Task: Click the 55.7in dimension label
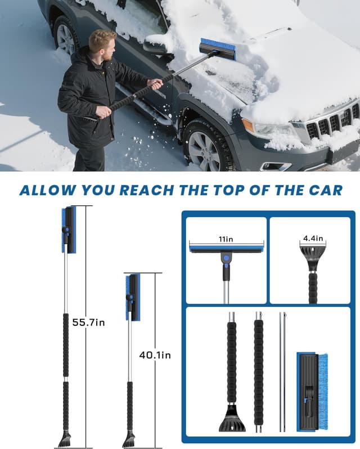pyautogui.click(x=89, y=322)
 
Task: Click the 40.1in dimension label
pyautogui.click(x=155, y=355)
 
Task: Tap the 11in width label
pyautogui.click(x=226, y=238)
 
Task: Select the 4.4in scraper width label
pyautogui.click(x=312, y=238)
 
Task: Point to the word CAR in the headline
pyautogui.click(x=322, y=190)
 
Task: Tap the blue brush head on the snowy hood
pyautogui.click(x=218, y=48)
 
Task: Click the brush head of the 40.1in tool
pyautogui.click(x=133, y=296)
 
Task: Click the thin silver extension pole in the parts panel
pyautogui.click(x=282, y=371)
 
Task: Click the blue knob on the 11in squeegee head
pyautogui.click(x=226, y=258)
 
